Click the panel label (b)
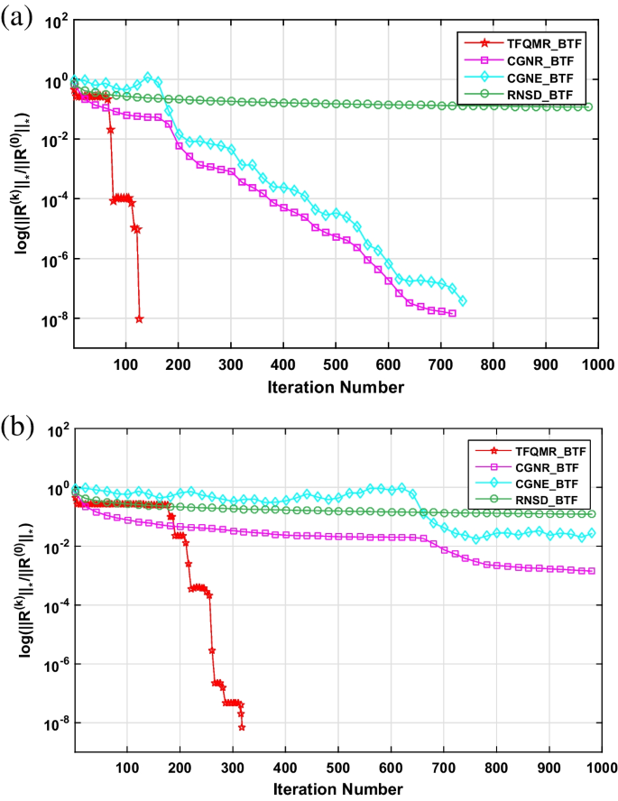(x=18, y=426)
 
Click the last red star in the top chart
(x=139, y=318)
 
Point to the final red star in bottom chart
(x=242, y=727)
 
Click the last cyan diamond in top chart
(x=463, y=300)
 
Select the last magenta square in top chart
(x=452, y=313)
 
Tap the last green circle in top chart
(x=588, y=106)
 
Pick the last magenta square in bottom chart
(x=592, y=571)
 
